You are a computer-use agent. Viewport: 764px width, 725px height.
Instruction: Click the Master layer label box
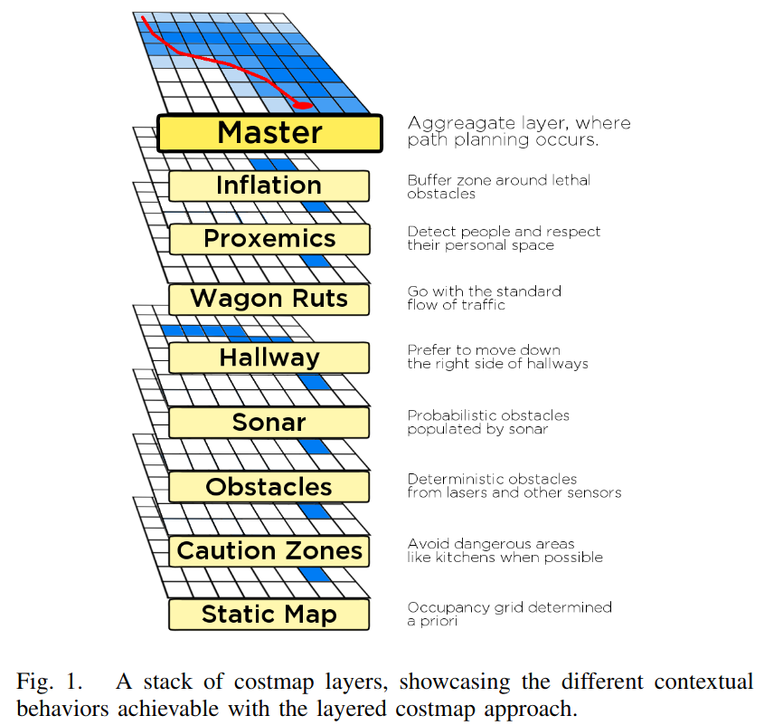[x=269, y=133]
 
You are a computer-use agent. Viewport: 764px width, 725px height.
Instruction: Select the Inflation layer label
[x=269, y=186]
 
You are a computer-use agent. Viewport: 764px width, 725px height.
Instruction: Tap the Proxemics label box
[x=269, y=239]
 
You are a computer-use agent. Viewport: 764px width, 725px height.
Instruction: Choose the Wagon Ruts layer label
[x=269, y=299]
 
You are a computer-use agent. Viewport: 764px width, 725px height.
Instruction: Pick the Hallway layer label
[x=269, y=358]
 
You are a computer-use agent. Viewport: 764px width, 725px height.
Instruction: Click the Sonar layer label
[x=269, y=422]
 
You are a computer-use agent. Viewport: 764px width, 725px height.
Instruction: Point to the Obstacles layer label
[x=269, y=487]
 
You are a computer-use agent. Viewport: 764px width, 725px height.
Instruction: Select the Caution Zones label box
[x=269, y=550]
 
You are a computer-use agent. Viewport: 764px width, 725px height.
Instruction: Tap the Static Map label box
[x=269, y=615]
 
